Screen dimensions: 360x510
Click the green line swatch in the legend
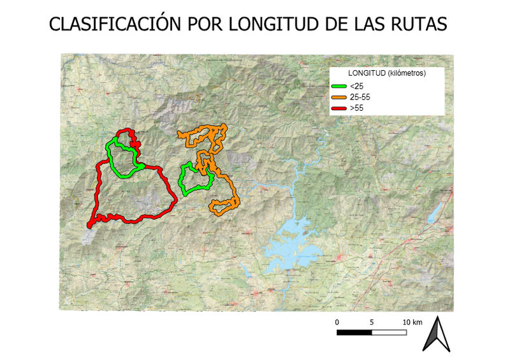(x=339, y=86)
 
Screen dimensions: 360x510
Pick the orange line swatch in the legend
(x=339, y=97)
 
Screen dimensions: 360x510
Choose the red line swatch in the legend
(x=339, y=109)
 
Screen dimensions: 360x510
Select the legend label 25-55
(x=360, y=97)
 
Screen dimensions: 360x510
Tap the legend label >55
(x=356, y=109)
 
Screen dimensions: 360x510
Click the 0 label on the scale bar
(x=337, y=322)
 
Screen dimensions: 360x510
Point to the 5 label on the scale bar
(x=372, y=322)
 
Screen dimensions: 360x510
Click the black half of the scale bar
(x=354, y=332)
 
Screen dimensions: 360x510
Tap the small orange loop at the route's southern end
(x=224, y=206)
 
